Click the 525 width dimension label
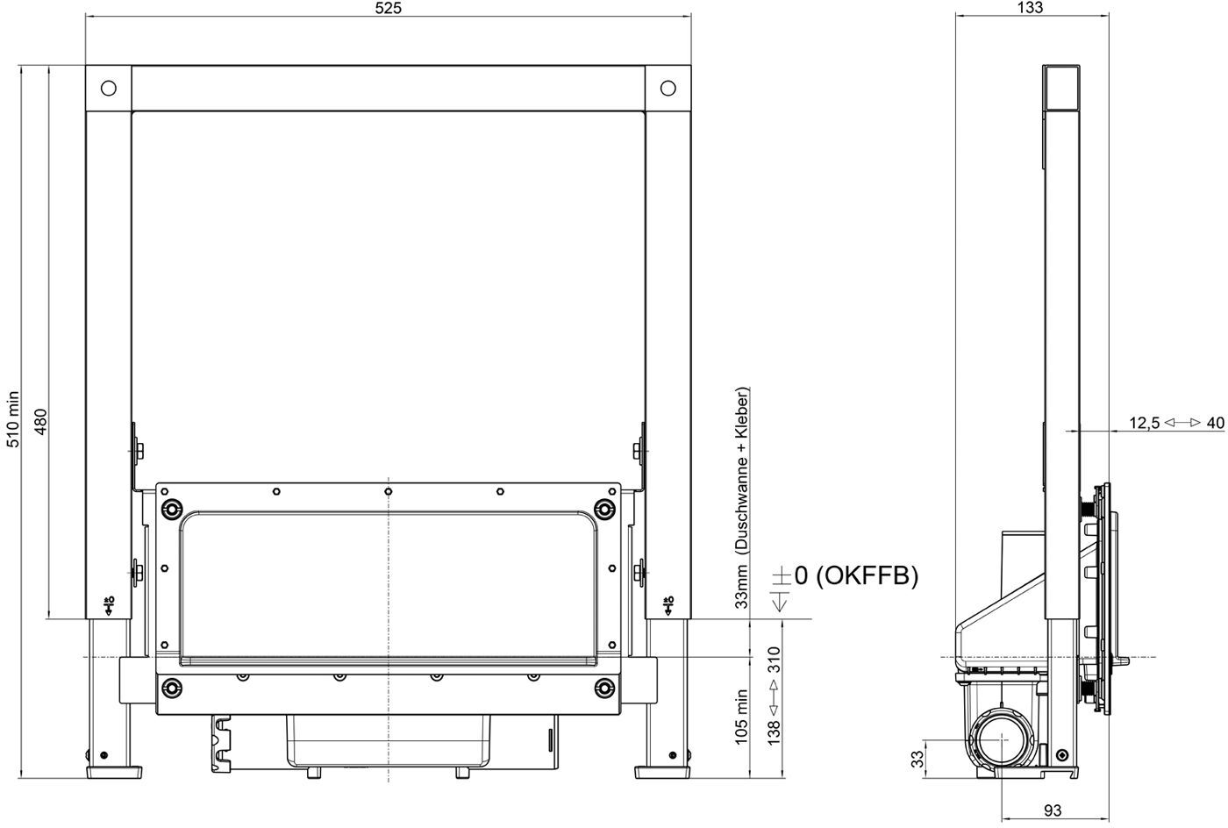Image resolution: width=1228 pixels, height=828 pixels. (x=388, y=8)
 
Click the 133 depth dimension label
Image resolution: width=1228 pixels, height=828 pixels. (x=1030, y=7)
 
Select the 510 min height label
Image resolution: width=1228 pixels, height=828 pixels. (x=12, y=419)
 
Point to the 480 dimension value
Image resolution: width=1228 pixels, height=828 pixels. (x=40, y=422)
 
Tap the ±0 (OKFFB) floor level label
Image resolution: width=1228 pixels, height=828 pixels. (x=845, y=576)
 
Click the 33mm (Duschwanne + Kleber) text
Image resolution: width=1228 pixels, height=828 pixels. (x=741, y=498)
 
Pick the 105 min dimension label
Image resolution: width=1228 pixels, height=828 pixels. (x=741, y=717)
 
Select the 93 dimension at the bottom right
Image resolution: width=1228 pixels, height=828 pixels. (x=1053, y=810)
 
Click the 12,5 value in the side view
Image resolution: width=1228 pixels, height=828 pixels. (x=1144, y=424)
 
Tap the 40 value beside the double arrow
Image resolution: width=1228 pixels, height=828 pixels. (x=1216, y=423)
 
